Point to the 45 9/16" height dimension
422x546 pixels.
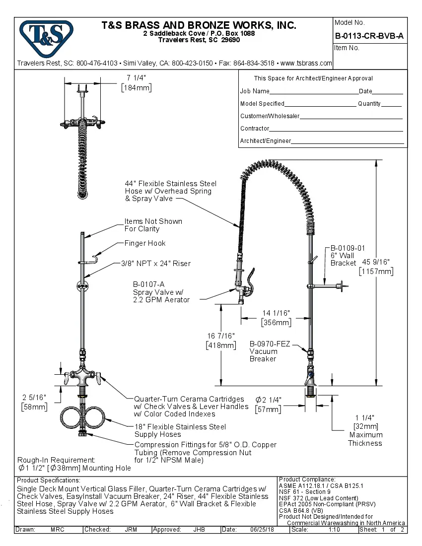(376, 262)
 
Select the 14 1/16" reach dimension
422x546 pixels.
(276, 313)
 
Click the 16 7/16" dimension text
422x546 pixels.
(220, 337)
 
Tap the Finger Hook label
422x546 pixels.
(145, 243)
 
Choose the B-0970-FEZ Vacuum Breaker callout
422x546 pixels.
(269, 344)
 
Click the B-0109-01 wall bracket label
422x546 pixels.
(348, 248)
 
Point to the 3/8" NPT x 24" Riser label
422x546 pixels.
(155, 264)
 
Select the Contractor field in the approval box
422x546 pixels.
(336, 129)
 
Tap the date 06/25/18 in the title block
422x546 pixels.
(263, 530)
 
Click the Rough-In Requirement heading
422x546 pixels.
(56, 460)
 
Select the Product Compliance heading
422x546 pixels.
(307, 479)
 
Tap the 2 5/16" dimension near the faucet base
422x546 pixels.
(34, 398)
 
